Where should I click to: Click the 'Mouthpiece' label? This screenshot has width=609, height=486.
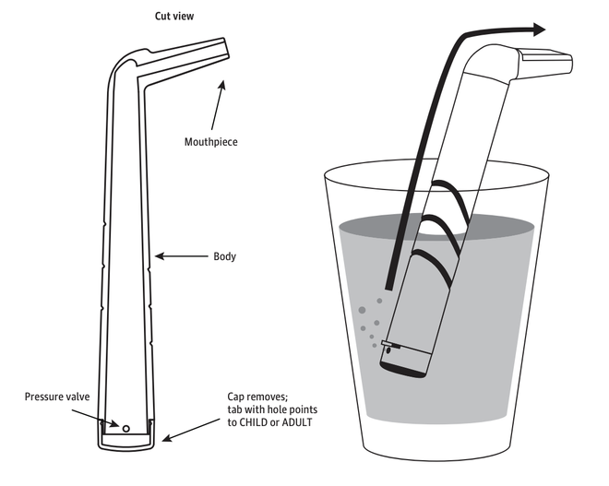[210, 141]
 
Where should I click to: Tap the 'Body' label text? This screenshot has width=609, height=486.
[224, 256]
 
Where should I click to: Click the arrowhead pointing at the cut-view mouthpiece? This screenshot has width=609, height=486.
[221, 85]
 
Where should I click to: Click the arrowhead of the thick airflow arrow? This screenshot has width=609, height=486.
[537, 30]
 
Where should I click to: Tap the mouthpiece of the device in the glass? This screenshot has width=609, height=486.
[545, 64]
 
